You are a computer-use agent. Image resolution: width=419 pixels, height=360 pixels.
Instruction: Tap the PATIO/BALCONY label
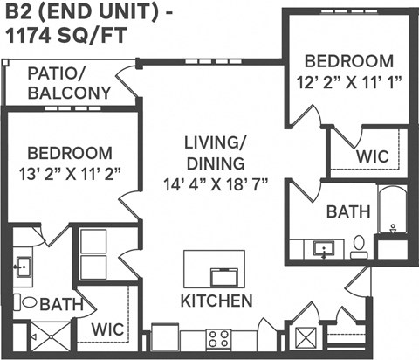69,83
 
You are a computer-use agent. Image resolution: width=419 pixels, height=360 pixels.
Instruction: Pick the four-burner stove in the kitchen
217,338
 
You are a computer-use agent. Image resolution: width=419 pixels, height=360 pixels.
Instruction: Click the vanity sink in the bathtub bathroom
324,248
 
